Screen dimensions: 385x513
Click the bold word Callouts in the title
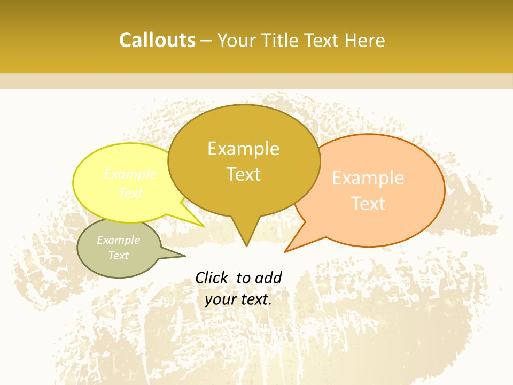(157, 40)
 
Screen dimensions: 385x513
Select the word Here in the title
(364, 40)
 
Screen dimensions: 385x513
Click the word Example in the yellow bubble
(130, 174)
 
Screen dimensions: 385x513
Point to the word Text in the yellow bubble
(130, 193)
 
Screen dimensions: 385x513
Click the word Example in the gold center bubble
(243, 149)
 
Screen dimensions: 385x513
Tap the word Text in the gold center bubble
(243, 174)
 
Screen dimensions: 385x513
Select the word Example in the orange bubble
(368, 178)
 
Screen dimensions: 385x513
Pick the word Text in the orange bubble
(368, 204)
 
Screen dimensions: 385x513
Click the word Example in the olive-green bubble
(119, 240)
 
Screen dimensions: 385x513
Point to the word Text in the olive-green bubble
(119, 256)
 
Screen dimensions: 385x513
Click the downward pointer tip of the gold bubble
(246, 245)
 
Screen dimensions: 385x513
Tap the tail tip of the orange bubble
(285, 251)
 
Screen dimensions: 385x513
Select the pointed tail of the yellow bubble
(203, 226)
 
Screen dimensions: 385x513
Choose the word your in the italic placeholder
(221, 299)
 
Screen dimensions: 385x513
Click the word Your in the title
(237, 40)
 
